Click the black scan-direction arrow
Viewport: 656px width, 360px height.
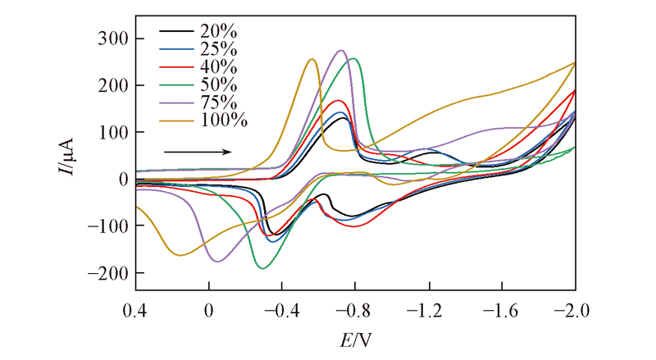[x=198, y=152]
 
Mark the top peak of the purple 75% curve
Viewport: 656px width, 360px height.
[x=341, y=51]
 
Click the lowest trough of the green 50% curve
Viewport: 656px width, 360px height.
[x=262, y=268]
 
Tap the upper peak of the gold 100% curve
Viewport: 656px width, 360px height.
[x=312, y=59]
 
